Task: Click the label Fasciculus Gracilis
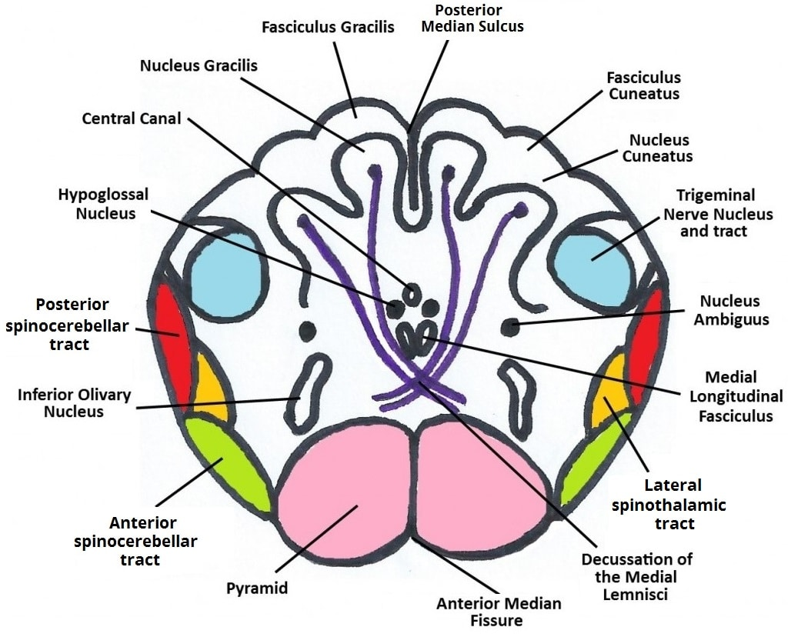[328, 27]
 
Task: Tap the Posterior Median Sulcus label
[479, 18]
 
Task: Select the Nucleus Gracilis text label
[199, 65]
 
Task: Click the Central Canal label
[132, 118]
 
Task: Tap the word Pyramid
[257, 589]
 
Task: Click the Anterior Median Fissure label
[499, 612]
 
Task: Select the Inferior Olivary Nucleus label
[75, 404]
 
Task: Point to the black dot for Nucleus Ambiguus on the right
[509, 326]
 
